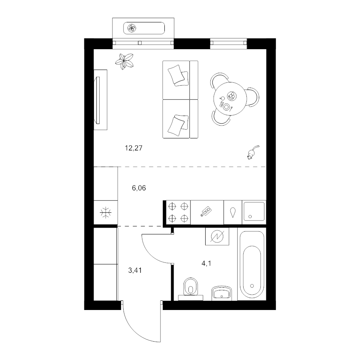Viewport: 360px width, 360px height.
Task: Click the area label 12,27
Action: pos(134,148)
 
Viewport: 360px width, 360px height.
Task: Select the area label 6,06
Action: pos(139,187)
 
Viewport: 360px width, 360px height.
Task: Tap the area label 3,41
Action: pos(135,270)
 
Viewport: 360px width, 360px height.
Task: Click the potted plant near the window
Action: pos(125,61)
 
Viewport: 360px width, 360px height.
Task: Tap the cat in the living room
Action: pos(252,152)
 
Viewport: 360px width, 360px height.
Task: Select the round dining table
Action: pos(228,98)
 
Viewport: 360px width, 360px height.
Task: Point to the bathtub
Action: pos(252,263)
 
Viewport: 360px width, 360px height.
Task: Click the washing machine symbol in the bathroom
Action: pos(216,236)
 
